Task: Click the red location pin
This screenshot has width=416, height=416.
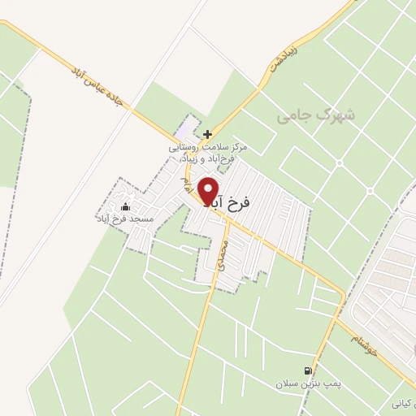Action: [209, 192]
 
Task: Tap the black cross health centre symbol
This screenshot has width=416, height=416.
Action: [208, 133]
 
